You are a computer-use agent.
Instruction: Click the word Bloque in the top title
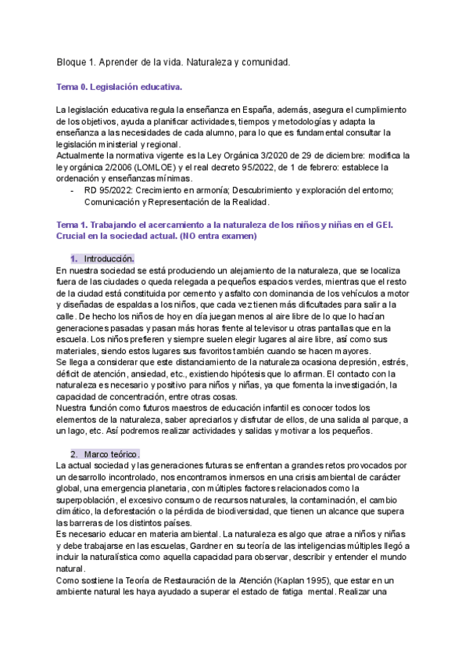point(73,61)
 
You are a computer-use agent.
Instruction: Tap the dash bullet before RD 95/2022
point(73,190)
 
